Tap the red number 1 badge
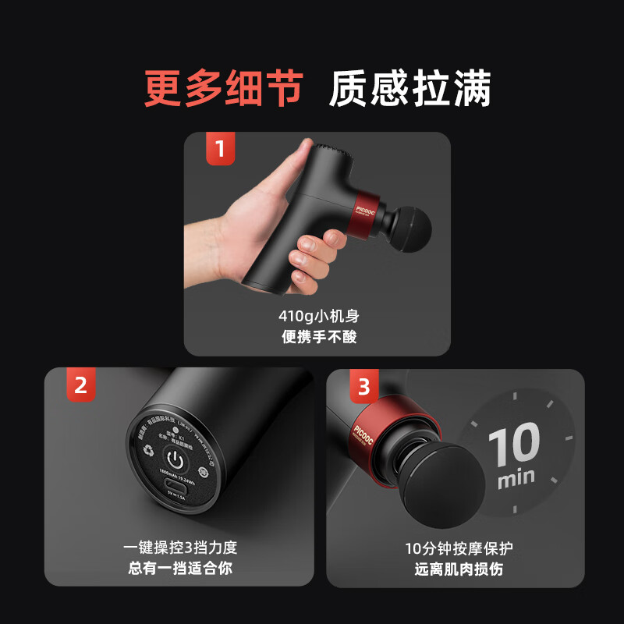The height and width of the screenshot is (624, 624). (x=220, y=148)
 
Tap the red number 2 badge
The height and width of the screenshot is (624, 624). (x=80, y=385)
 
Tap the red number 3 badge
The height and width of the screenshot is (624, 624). (x=363, y=385)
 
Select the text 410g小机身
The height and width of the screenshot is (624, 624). (x=318, y=317)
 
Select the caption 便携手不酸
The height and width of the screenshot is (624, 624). (x=318, y=337)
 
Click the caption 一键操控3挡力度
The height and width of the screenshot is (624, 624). (x=179, y=548)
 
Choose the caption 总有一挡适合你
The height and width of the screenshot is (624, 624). (x=179, y=568)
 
